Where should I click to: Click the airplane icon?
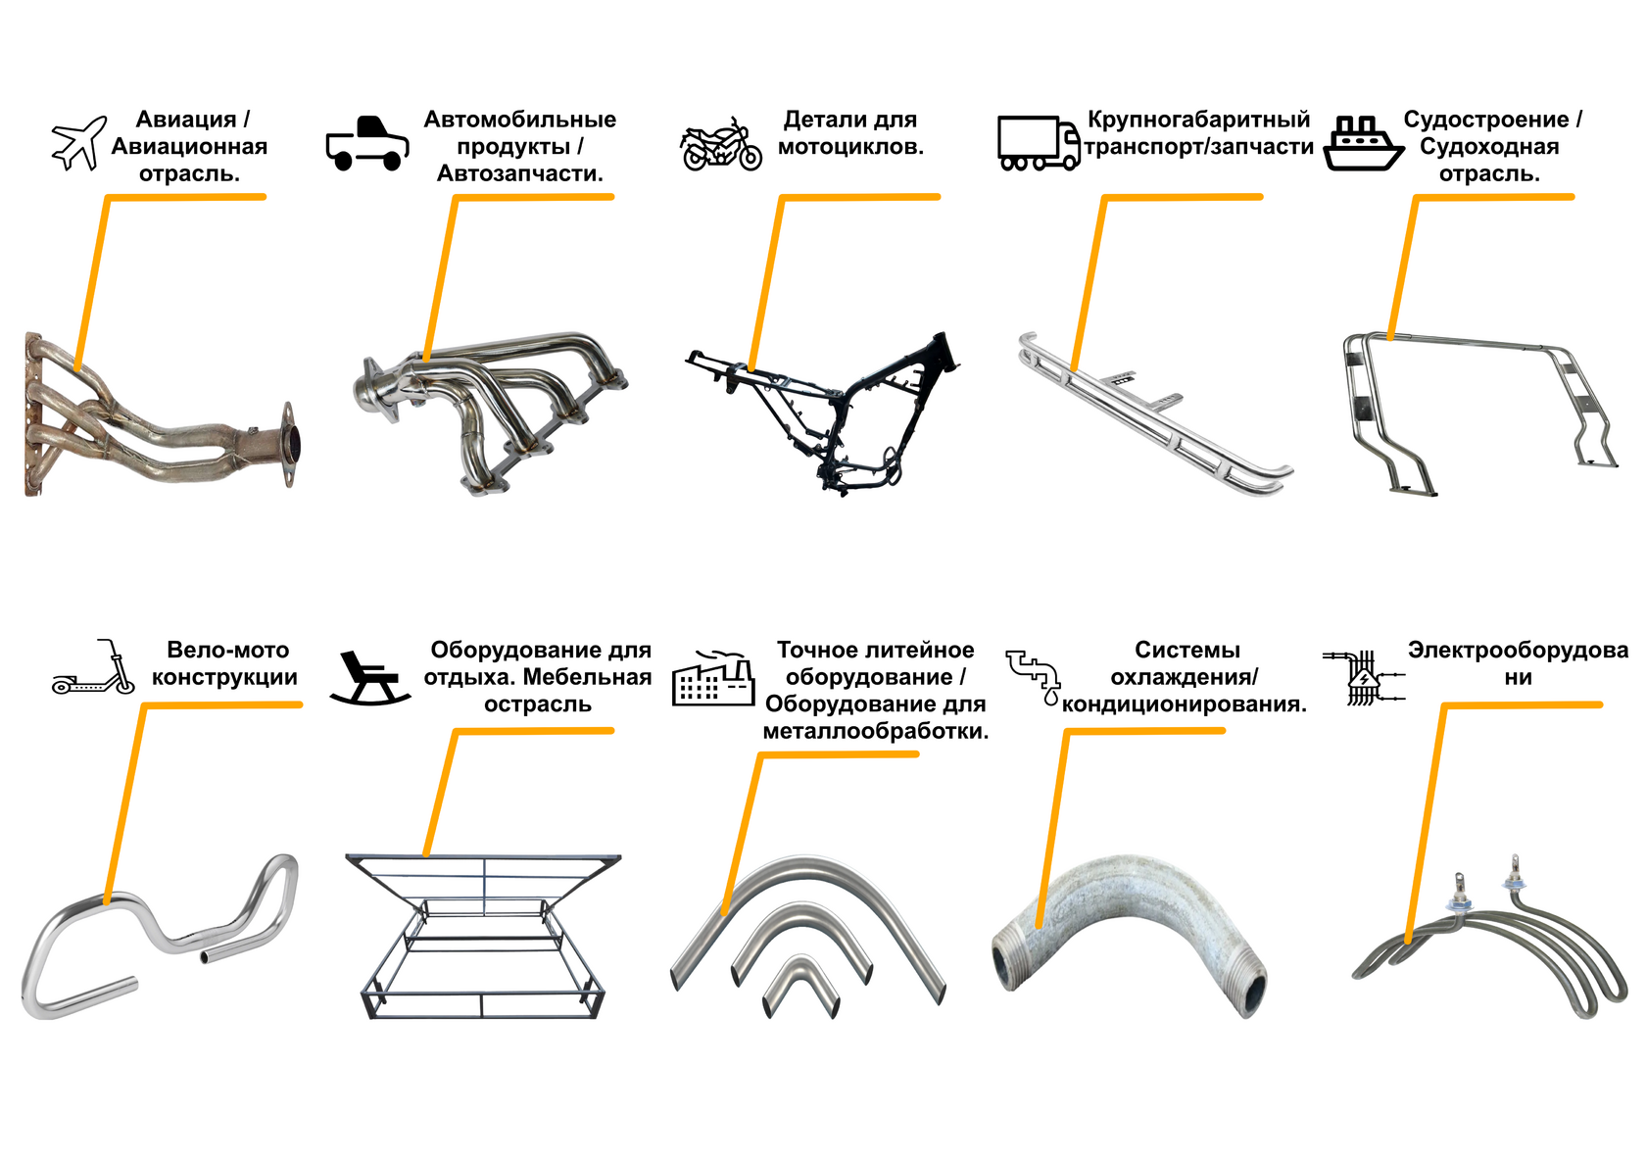pos(79,143)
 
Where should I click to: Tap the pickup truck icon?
pos(366,143)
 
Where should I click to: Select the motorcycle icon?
pos(720,144)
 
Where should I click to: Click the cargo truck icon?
pos(1039,143)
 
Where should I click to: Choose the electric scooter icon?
pos(94,666)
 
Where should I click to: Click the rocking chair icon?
pos(369,678)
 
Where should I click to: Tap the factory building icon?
pos(713,678)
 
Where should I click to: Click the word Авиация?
pos(186,120)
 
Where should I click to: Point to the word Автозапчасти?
pos(519,173)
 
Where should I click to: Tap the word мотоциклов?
pos(850,147)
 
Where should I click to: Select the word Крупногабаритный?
pos(1198,120)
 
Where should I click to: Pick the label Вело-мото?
pos(227,650)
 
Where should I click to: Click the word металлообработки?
pos(875,731)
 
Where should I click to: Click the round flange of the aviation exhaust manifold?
pos(291,444)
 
